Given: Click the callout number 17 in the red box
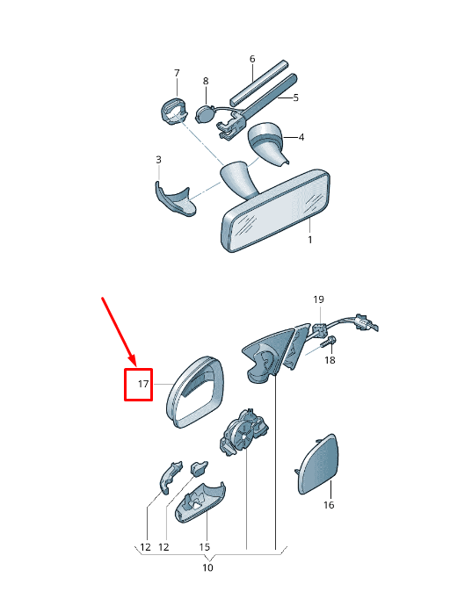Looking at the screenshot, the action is tap(143, 384).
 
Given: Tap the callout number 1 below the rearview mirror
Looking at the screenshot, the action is tap(310, 240).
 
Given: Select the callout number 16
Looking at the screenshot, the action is tap(329, 505).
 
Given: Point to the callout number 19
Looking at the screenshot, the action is tap(318, 299).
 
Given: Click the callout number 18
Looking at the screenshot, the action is tap(330, 360).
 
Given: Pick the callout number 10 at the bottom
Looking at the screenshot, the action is tap(207, 567).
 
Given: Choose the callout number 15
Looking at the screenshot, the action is tap(205, 546).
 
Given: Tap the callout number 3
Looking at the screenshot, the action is tap(158, 159).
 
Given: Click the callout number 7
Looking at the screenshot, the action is tap(177, 73).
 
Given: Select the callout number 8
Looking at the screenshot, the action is tap(206, 81).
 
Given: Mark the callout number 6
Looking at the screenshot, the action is tap(252, 59).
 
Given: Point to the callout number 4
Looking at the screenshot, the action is tap(301, 137).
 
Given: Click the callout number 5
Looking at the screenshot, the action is tap(295, 97).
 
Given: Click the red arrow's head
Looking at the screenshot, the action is tap(133, 361).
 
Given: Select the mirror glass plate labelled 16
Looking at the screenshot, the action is tap(318, 464).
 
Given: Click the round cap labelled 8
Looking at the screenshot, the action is tap(205, 114).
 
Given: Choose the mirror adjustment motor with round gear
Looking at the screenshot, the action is tap(243, 432).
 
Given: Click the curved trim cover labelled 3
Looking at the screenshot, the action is tap(174, 200).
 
